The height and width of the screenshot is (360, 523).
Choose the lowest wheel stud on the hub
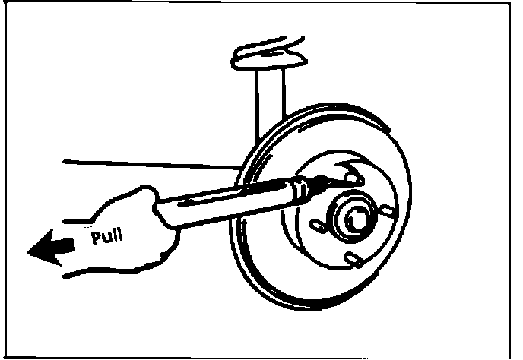coord(351,261)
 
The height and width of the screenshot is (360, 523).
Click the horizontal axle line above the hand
coord(152,163)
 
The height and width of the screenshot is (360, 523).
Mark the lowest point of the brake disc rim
coord(319,313)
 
